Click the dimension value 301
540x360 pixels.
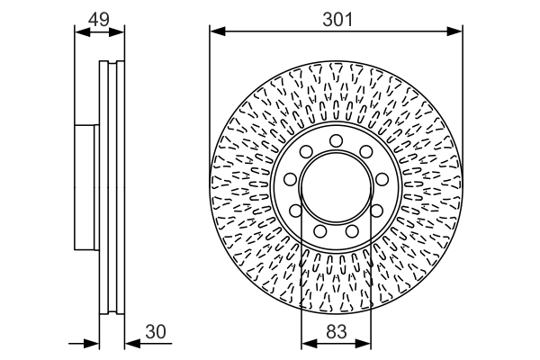(x=336, y=17)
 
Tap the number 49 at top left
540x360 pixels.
(x=99, y=17)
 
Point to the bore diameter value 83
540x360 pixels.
(x=336, y=331)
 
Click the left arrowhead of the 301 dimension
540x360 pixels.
(x=217, y=31)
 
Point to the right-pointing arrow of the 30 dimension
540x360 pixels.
(x=90, y=343)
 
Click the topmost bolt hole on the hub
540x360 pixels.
(x=336, y=139)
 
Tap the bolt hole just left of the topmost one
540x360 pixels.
(x=306, y=152)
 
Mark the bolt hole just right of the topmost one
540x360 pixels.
(x=365, y=152)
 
